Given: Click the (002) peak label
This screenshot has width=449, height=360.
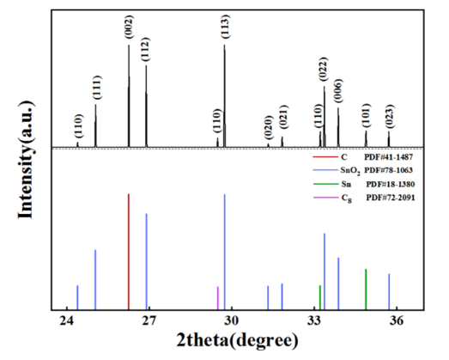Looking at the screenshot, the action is tap(129, 27).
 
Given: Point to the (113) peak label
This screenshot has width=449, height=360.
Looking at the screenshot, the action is tap(226, 27).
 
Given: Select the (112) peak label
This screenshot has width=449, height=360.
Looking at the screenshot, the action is tap(145, 49).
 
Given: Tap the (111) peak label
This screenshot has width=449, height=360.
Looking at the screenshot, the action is tap(97, 88).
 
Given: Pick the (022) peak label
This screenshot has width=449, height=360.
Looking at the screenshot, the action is tap(324, 70).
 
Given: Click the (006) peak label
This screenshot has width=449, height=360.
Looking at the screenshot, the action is tap(338, 91).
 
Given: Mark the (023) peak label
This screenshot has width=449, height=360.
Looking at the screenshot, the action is tap(390, 116).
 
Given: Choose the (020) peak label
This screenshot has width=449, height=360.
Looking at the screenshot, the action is tap(268, 127).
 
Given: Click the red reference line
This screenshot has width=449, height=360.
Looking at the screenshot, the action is tap(129, 252).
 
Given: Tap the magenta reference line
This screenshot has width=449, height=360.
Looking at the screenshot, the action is tap(218, 298).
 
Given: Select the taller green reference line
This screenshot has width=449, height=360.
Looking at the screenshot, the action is tap(366, 290).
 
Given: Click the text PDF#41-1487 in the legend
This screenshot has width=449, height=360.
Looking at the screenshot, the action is tap(389, 157).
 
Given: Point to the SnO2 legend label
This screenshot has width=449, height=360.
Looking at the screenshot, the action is tap(350, 171).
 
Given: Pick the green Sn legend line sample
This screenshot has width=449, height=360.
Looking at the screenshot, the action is tap(325, 184).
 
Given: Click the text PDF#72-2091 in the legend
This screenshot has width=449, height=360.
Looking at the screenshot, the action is tap(391, 198).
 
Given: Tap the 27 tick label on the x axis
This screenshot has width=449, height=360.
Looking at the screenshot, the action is tap(149, 320).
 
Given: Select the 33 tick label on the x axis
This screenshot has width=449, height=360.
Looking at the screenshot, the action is tap(314, 320).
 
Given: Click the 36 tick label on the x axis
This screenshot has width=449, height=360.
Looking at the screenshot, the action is tap(397, 320).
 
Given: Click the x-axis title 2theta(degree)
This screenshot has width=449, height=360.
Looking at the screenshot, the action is tap(238, 341).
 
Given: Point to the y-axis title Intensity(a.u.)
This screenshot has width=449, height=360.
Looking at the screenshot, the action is tap(26, 159).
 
